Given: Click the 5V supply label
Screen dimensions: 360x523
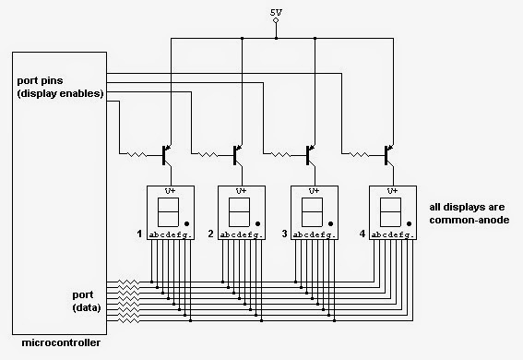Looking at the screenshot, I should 276,12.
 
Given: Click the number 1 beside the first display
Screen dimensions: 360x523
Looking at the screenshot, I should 139,234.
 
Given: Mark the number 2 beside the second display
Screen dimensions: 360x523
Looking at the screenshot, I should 210,234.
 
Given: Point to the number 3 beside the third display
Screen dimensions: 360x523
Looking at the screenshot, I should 283,234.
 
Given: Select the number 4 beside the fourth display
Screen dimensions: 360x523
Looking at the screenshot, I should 362,234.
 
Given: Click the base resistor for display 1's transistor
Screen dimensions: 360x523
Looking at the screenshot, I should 137,154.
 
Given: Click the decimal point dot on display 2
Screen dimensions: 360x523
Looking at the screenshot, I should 258,222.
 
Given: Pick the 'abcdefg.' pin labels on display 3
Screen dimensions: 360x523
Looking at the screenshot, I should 314,235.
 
